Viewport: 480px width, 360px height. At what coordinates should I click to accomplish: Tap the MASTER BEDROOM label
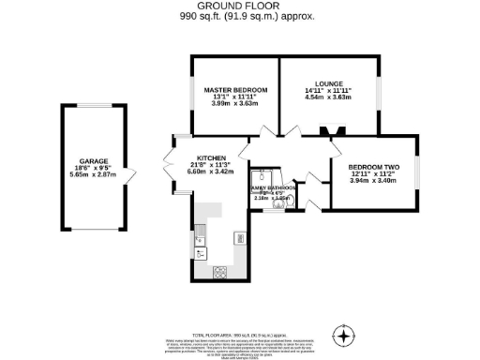pyautogui.click(x=236, y=90)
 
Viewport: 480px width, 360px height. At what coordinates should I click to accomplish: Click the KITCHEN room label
pyautogui.click(x=211, y=157)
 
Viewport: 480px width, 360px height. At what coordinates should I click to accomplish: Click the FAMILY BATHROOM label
pyautogui.click(x=273, y=188)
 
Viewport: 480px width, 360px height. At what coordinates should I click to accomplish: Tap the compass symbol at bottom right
pyautogui.click(x=346, y=336)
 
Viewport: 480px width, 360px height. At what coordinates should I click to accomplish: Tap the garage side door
pyautogui.click(x=127, y=171)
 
